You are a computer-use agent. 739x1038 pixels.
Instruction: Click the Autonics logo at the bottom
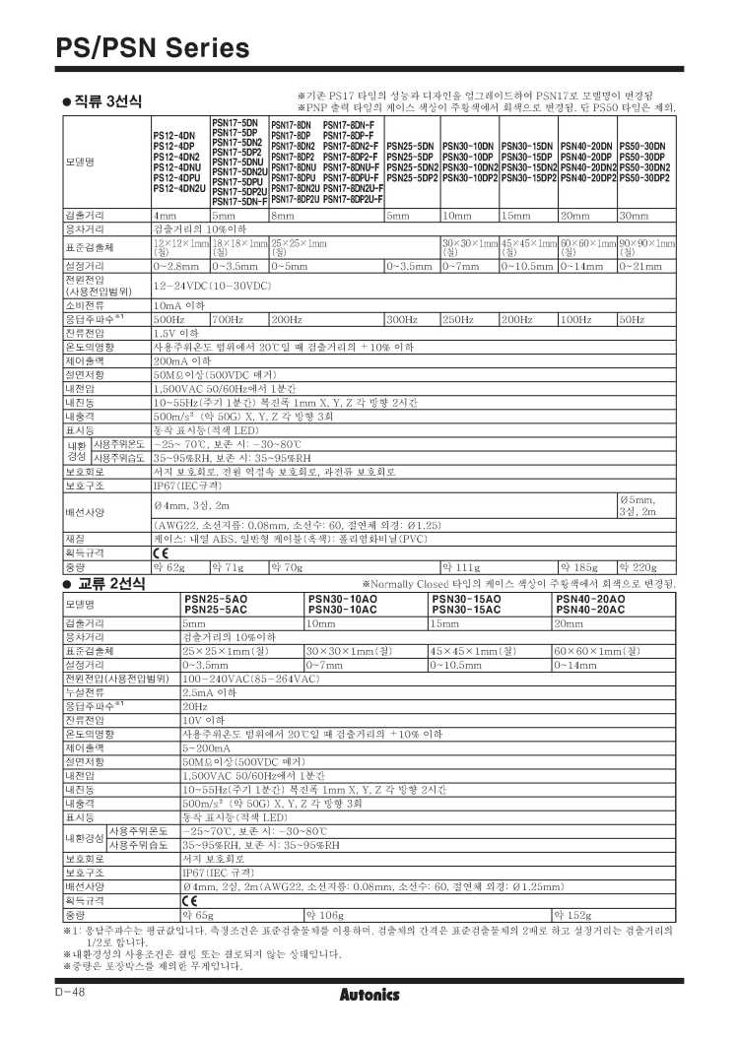click(369, 995)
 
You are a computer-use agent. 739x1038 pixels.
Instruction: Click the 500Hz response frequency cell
click(167, 320)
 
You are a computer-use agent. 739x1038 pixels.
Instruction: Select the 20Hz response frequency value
click(194, 706)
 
